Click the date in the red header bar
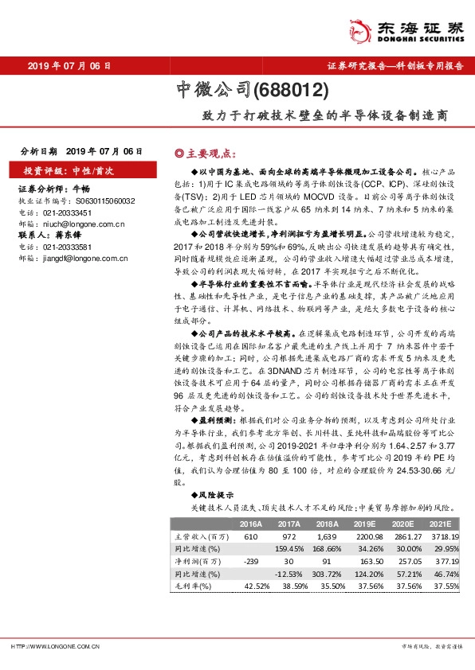tap(69, 66)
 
